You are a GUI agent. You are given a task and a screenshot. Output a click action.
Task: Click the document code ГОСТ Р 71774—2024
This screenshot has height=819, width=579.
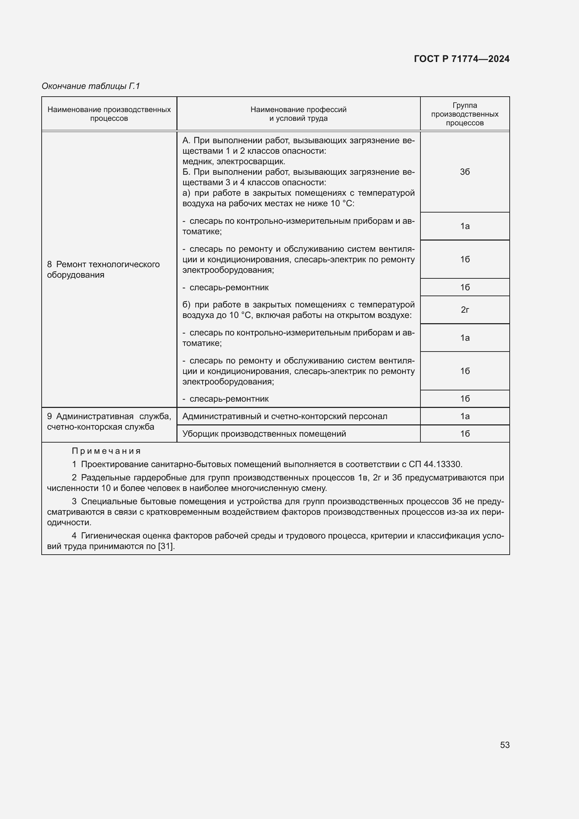point(461,59)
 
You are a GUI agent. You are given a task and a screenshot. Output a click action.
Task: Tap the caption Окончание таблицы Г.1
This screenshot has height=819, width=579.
point(91,86)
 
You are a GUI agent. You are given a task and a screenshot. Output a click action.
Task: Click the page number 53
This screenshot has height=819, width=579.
point(504,745)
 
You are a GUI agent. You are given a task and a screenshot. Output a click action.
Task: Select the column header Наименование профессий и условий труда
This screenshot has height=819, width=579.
point(298,114)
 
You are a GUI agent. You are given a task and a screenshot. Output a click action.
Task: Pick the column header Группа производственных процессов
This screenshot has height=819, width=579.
point(464,114)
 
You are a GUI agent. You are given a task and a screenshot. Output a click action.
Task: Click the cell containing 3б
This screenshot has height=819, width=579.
point(465,172)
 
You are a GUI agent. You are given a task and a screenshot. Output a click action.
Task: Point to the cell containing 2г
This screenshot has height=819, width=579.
point(465,310)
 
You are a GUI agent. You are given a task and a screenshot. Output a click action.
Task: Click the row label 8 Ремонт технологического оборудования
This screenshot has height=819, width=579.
point(103,269)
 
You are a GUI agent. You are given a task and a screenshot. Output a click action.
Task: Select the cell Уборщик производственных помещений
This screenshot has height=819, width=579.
point(264,434)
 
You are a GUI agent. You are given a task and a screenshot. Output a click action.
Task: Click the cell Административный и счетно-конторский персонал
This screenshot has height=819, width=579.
point(285,416)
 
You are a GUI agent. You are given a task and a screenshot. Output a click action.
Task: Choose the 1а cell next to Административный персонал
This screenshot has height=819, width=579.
point(465,416)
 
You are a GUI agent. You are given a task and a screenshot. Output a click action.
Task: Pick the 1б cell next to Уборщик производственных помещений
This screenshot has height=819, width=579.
point(465,434)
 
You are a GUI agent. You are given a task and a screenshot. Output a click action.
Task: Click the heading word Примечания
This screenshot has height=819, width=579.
point(106,451)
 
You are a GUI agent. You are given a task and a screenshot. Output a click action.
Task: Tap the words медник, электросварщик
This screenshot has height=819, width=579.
point(233,161)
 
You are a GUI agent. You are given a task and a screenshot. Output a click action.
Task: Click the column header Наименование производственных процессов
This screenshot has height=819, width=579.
point(109,114)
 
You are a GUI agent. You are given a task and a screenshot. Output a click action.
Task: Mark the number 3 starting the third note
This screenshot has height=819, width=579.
point(74,501)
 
